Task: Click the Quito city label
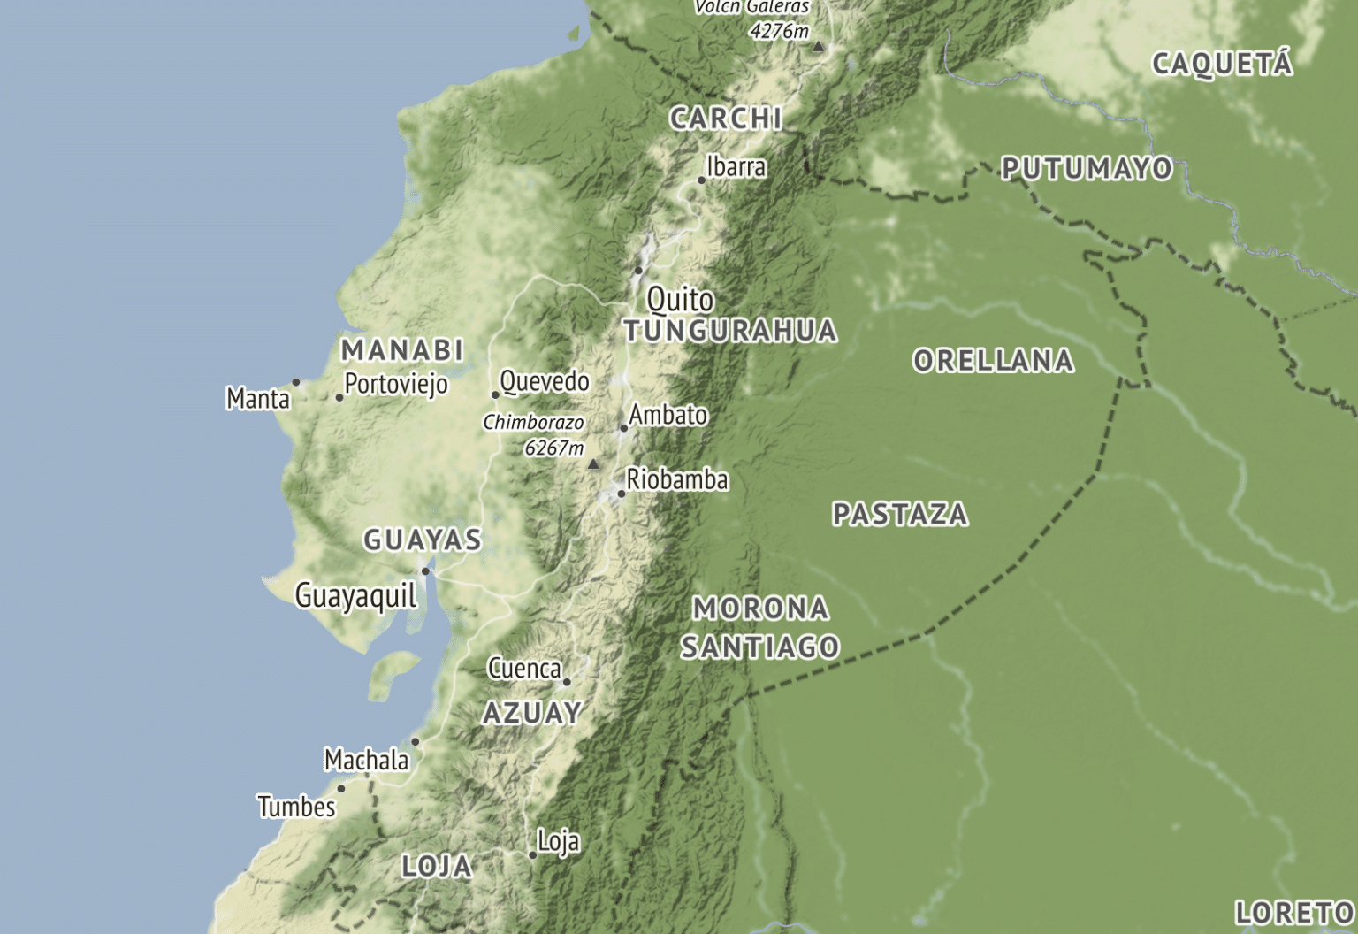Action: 680,300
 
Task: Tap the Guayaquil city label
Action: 355,595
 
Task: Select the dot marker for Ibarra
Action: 701,180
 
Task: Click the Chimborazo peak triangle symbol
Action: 593,463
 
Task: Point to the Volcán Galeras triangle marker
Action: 819,46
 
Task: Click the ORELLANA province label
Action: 993,361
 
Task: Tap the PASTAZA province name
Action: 900,514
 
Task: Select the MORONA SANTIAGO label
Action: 760,627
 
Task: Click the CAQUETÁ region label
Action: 1222,64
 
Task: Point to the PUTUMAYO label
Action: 1087,168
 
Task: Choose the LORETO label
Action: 1294,913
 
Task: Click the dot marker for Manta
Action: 296,383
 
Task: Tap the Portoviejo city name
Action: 396,384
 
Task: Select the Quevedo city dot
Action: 495,394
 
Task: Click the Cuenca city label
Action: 524,669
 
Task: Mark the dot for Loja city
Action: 532,855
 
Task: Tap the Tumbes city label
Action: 296,807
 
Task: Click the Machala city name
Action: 366,760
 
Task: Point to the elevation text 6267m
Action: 554,448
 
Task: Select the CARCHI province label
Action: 726,119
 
